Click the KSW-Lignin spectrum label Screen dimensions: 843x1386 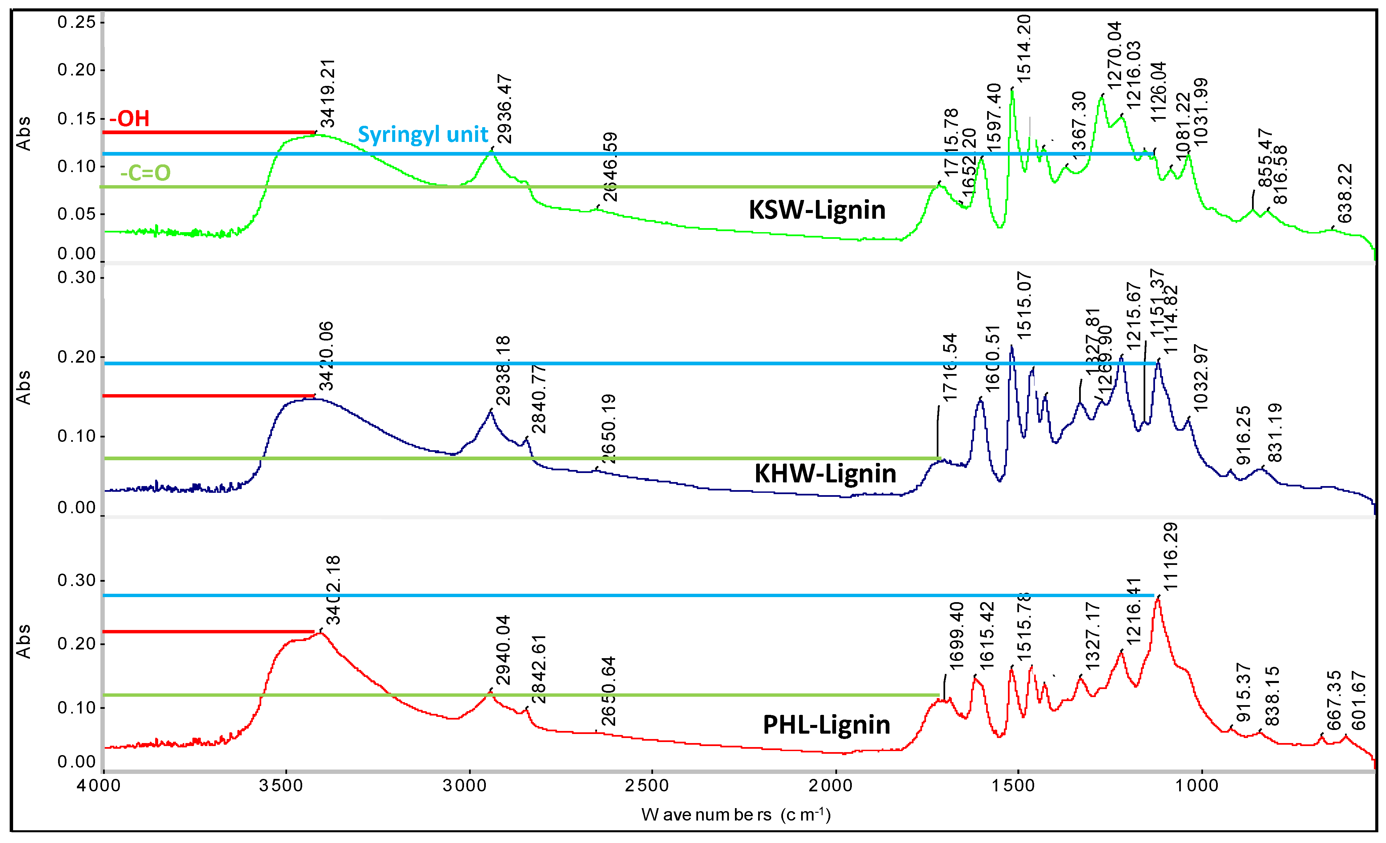[x=817, y=210]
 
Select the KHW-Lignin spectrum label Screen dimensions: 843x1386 [x=825, y=473]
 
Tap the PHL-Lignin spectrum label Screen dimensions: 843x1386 [x=826, y=725]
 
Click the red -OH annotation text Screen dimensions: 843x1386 [x=130, y=118]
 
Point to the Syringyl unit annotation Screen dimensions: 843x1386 [x=423, y=134]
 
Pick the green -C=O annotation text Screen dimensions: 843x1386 [x=145, y=172]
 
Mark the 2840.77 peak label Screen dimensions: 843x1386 [x=538, y=399]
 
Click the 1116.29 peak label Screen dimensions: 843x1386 [x=1170, y=557]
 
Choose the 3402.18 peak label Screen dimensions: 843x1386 [x=333, y=590]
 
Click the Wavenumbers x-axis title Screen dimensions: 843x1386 [x=736, y=815]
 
